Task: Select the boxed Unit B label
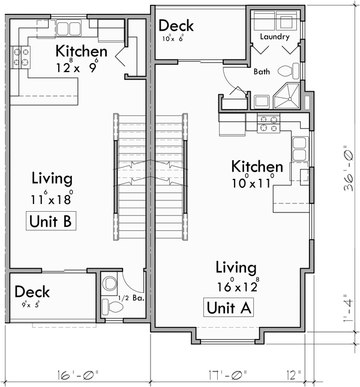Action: (x=51, y=221)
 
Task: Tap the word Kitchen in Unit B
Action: (x=81, y=51)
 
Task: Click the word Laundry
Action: (x=275, y=37)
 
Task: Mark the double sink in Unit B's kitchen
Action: (x=69, y=28)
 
